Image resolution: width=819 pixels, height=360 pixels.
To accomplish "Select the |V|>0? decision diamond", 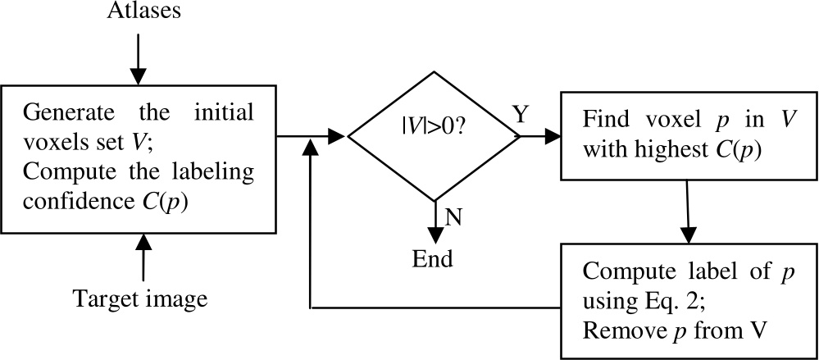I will pyautogui.click(x=434, y=134).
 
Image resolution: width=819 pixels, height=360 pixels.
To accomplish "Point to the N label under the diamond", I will pyautogui.click(x=451, y=216).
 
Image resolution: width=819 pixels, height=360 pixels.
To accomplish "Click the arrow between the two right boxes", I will pyautogui.click(x=689, y=212).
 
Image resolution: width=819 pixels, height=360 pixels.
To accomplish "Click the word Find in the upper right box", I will pyautogui.click(x=601, y=118).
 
